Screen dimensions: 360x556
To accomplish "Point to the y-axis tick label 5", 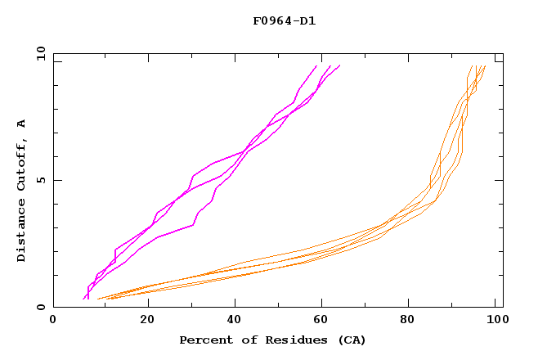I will (x=41, y=180).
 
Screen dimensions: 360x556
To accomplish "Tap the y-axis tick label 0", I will (x=41, y=308).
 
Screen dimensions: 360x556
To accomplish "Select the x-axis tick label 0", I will (x=53, y=322).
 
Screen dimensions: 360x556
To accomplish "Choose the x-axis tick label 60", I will (x=325, y=322).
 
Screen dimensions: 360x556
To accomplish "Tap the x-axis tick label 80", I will (x=414, y=322).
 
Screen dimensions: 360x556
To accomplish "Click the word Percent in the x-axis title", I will (x=204, y=340).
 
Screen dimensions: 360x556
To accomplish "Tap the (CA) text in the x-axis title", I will (x=350, y=340).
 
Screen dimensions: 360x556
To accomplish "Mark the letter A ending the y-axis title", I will (x=21, y=124).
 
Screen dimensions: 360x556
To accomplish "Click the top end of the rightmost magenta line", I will (x=339, y=65).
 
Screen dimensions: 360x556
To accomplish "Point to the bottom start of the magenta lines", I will (x=84, y=299).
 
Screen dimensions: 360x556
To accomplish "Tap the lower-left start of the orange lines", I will (x=98, y=299).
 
